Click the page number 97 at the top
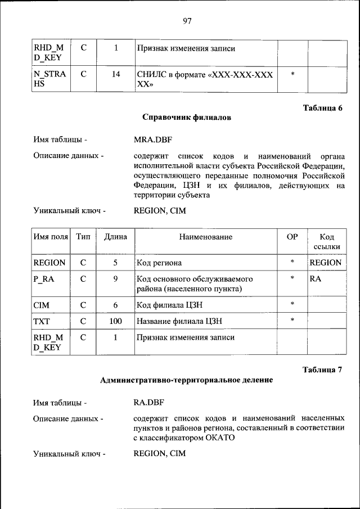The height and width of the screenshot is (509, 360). coord(187,21)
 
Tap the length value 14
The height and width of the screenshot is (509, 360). coord(115,74)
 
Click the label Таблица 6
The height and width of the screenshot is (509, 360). coord(322,108)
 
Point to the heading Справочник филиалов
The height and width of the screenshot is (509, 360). coord(187,118)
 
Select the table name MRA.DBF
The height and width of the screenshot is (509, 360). coord(152,139)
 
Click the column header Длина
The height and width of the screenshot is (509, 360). coord(115,237)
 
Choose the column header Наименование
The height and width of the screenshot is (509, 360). coord(205,237)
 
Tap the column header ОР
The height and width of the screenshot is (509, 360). coord(292,237)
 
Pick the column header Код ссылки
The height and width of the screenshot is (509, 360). coord(326,242)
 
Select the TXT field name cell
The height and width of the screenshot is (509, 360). coord(42,321)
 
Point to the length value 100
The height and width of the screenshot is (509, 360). coord(115,321)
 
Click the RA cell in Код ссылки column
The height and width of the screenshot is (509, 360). coord(316,278)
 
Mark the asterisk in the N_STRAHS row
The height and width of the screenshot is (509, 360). coord(292,74)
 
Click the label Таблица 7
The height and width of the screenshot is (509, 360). coord(322,370)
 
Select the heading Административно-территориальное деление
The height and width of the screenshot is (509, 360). coord(186,380)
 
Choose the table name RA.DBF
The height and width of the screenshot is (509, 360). coord(148,403)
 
